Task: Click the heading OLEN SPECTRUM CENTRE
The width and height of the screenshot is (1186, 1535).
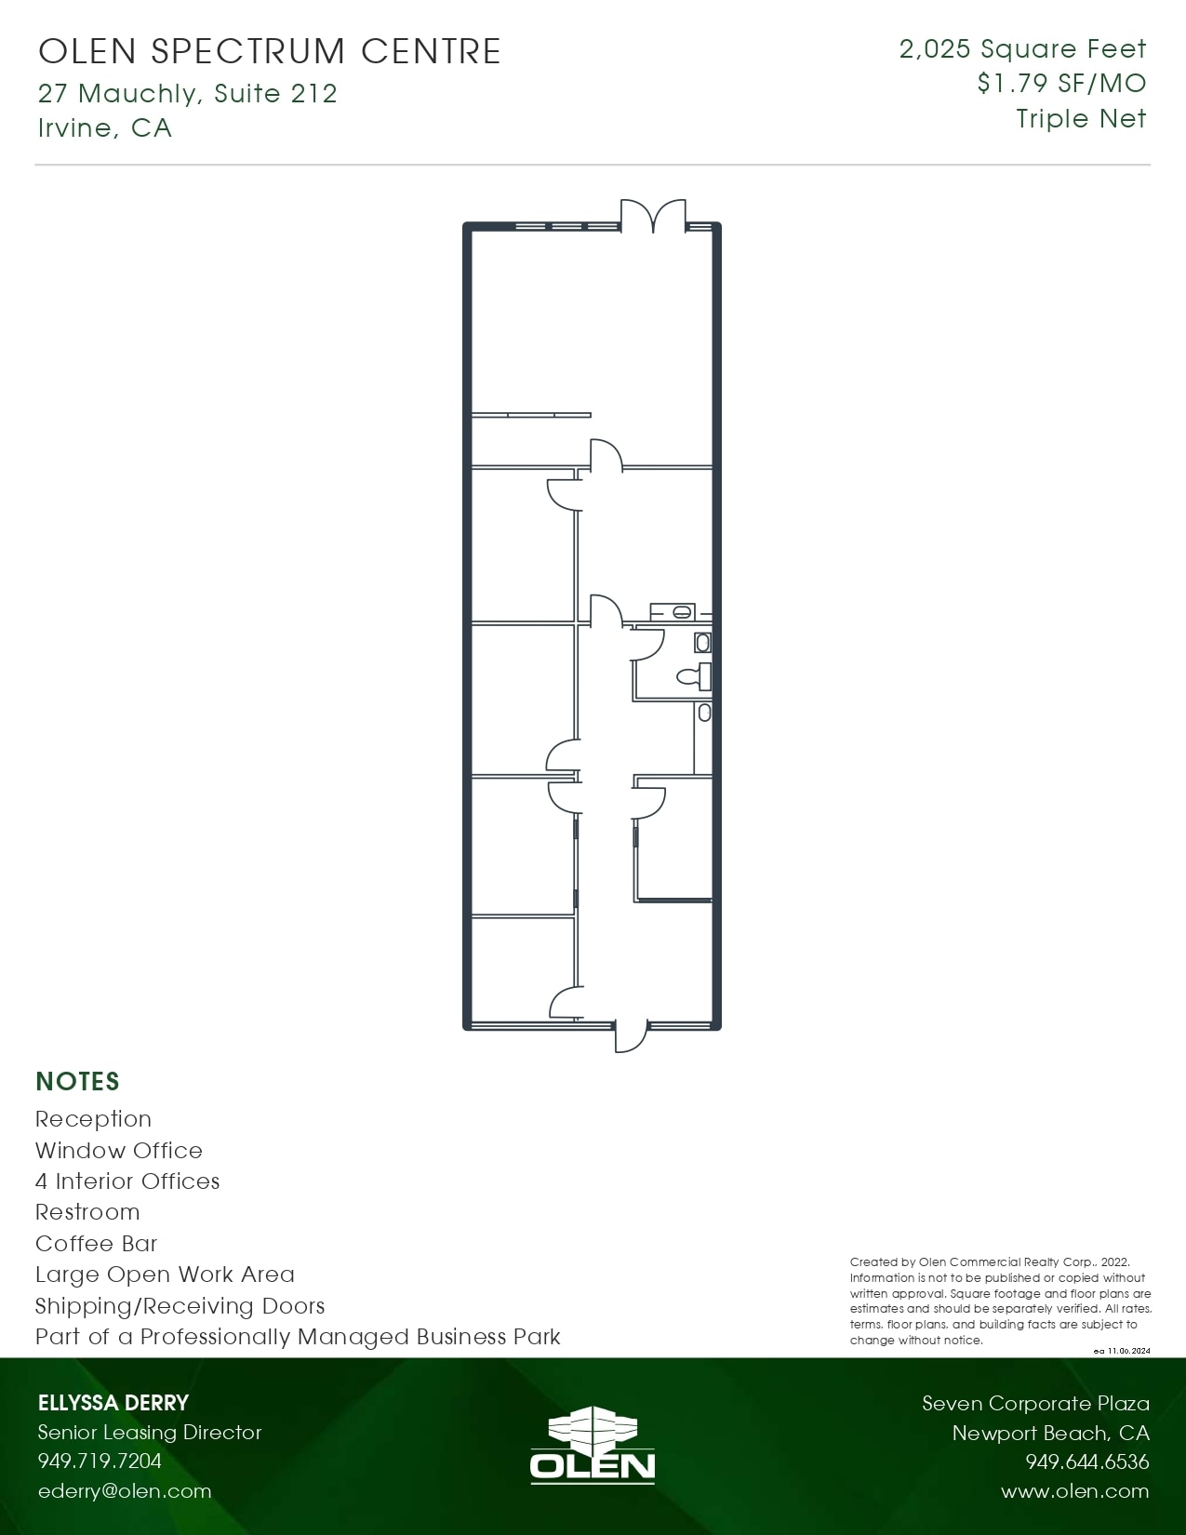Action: pyautogui.click(x=270, y=52)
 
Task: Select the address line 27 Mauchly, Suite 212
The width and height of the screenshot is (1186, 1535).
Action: pyautogui.click(x=187, y=93)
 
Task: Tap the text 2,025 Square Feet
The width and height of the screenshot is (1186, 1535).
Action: pyautogui.click(x=1022, y=49)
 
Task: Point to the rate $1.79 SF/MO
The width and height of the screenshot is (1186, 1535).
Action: pyautogui.click(x=1061, y=84)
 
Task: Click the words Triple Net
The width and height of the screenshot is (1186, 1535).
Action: pyautogui.click(x=1081, y=119)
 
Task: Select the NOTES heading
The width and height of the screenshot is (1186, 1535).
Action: pyautogui.click(x=78, y=1081)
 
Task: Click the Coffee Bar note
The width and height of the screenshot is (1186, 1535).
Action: pyautogui.click(x=97, y=1244)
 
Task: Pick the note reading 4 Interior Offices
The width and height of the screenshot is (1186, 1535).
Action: pyautogui.click(x=127, y=1181)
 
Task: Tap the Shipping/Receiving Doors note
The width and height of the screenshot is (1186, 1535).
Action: pyautogui.click(x=180, y=1306)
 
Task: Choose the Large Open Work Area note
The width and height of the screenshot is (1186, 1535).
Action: pyautogui.click(x=165, y=1275)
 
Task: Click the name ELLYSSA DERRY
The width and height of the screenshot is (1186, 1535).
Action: pyautogui.click(x=113, y=1403)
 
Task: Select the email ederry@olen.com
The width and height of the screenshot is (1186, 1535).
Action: pyautogui.click(x=125, y=1490)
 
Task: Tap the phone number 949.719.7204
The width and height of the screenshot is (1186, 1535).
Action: pyautogui.click(x=100, y=1461)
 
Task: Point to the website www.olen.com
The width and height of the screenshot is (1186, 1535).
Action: pyautogui.click(x=1074, y=1491)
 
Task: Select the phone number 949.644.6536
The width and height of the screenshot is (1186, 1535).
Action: pyautogui.click(x=1086, y=1462)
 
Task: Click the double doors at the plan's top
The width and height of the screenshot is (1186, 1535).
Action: pyautogui.click(x=654, y=216)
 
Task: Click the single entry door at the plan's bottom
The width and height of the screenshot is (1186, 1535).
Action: pyautogui.click(x=632, y=1034)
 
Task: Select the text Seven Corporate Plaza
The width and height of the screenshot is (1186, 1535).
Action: pyautogui.click(x=1035, y=1403)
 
